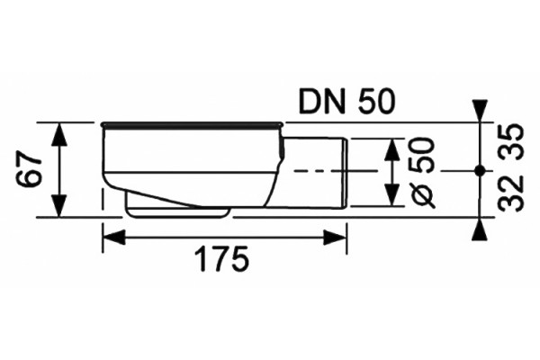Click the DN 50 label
[346, 103]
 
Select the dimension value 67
[29, 170]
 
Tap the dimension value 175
[221, 258]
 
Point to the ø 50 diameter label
[422, 173]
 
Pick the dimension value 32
[512, 193]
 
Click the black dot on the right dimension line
[479, 170]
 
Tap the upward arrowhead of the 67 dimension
[59, 134]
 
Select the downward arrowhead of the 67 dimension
[59, 206]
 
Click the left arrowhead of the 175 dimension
[114, 238]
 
